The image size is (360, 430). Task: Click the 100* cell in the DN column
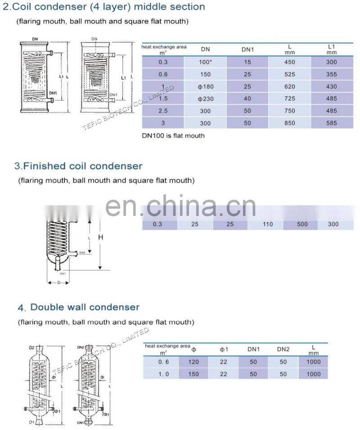[x=205, y=62]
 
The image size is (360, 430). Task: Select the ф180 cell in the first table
[x=205, y=86]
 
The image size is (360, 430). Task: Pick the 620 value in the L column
[x=290, y=86]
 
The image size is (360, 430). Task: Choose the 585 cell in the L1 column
[x=331, y=123]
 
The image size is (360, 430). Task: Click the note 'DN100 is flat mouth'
[x=173, y=135]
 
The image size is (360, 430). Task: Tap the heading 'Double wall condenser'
[x=85, y=307]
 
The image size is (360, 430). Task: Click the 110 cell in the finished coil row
[x=267, y=224]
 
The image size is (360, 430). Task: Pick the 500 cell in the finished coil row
[x=301, y=224]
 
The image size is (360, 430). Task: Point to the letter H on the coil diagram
[x=101, y=237]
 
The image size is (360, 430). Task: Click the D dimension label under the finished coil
[x=58, y=282]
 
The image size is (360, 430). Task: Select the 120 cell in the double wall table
[x=193, y=362]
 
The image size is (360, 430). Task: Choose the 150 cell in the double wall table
[x=193, y=374]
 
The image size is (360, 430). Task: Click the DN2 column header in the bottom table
[x=283, y=349]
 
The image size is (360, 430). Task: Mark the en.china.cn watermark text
[x=180, y=206]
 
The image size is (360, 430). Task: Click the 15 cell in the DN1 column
[x=247, y=62]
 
